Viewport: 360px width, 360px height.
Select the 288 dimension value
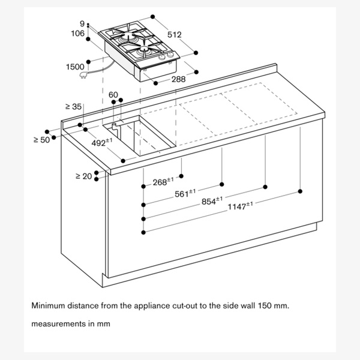click(x=178, y=79)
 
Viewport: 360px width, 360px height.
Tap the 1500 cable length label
click(x=75, y=67)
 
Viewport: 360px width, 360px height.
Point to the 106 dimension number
click(x=79, y=34)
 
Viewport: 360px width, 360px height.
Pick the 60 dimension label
click(x=113, y=95)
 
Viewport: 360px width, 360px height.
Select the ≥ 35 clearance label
click(x=73, y=106)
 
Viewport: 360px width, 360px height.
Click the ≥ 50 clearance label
click(x=41, y=140)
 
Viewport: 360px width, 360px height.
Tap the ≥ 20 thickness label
click(x=83, y=176)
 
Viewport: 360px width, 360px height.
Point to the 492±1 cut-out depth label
click(x=102, y=143)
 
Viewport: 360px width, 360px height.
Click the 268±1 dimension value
click(x=163, y=181)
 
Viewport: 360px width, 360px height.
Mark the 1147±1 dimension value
click(x=240, y=207)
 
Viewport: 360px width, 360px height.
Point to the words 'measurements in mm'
click(x=70, y=324)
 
